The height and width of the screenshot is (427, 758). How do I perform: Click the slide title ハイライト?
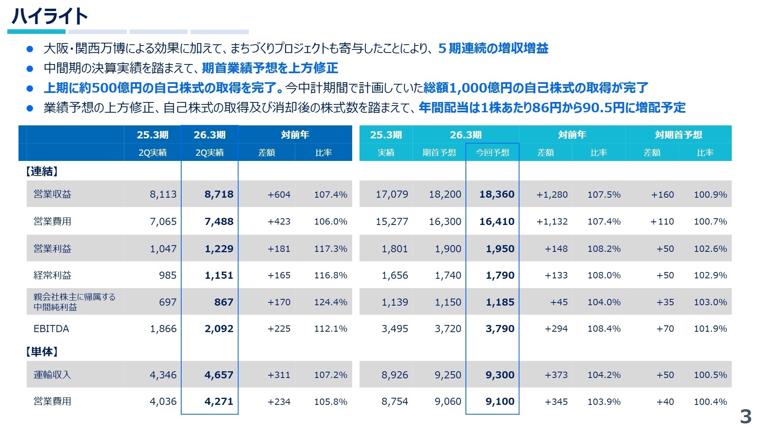(49, 16)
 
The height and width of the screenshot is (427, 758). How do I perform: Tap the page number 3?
(745, 417)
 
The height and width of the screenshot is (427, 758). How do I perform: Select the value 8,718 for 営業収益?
(219, 194)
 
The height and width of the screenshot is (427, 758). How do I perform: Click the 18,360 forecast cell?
(497, 194)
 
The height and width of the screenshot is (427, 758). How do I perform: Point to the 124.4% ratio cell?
(330, 302)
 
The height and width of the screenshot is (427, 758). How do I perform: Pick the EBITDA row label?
(51, 329)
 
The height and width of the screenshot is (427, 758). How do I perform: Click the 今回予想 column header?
(492, 153)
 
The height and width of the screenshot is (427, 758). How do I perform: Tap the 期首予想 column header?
(439, 153)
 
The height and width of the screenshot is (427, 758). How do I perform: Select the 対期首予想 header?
(678, 135)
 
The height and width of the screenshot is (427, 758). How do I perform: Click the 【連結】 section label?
(41, 171)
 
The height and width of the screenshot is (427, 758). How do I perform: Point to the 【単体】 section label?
(41, 351)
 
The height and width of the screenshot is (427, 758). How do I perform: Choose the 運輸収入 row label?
(52, 375)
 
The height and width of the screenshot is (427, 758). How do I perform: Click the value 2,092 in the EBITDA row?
(219, 329)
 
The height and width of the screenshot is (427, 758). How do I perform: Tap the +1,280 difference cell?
(552, 195)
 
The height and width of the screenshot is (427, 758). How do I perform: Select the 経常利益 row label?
(52, 275)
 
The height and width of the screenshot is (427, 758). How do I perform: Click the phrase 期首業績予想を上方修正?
(270, 68)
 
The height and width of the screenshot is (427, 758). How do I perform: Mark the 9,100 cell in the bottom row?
(500, 401)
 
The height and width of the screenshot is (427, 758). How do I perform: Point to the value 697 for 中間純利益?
(167, 302)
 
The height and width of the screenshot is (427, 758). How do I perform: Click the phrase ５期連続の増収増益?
(493, 48)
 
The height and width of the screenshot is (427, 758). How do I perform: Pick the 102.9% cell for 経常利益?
(710, 275)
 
